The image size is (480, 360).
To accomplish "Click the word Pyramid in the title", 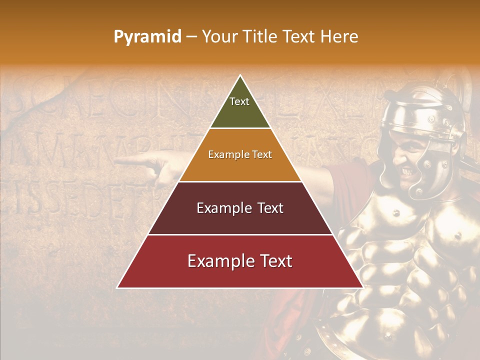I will coord(147,37).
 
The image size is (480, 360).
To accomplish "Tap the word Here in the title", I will coord(339,36).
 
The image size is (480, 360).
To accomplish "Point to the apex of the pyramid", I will coord(240,75).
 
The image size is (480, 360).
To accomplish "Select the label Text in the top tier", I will coord(239,101).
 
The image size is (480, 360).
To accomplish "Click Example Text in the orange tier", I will coord(240,154).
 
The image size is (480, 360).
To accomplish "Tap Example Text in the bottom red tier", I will coord(240,261).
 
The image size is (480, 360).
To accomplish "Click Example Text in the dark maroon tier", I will coord(240,208).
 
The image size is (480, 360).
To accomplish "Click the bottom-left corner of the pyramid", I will coord(117,288).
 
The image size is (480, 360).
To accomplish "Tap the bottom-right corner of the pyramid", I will coord(363,288).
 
